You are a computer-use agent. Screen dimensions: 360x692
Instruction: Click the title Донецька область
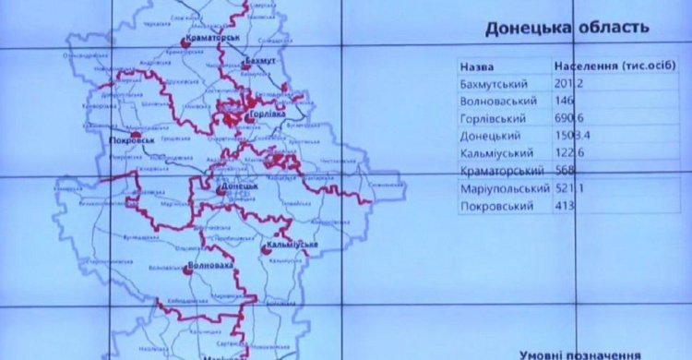tap(560, 29)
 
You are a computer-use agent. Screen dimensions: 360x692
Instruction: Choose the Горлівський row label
tap(492, 119)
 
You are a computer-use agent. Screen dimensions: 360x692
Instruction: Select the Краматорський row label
tap(500, 171)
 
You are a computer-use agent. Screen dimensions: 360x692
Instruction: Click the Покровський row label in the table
tap(495, 206)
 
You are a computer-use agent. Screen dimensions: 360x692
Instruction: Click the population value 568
tap(565, 171)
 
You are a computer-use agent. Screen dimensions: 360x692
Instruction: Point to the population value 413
tap(565, 206)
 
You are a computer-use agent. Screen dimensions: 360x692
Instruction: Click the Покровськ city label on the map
tap(127, 141)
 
